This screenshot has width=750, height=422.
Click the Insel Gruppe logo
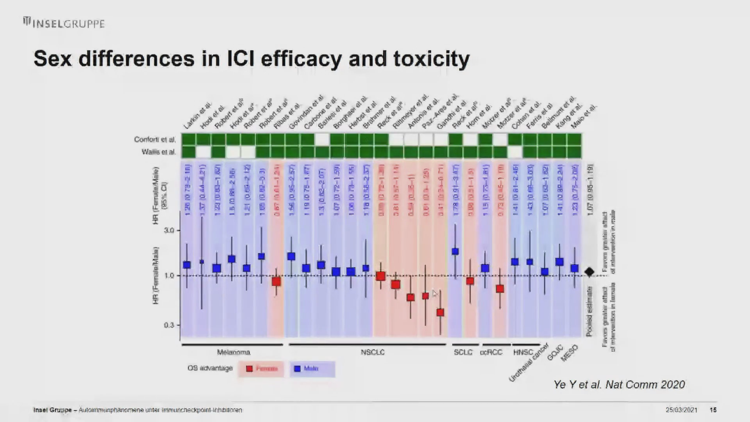[64, 23]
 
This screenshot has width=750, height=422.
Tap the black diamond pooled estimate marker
[589, 272]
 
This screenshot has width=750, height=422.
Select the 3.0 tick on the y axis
[169, 231]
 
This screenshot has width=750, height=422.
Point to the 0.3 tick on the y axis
[169, 325]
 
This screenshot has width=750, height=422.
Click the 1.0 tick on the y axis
[169, 275]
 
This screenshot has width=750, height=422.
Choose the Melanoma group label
[234, 352]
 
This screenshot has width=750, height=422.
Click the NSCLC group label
[373, 352]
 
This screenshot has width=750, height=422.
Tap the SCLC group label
[463, 352]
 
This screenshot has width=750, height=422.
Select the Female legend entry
[262, 368]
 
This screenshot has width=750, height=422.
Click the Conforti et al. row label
[155, 139]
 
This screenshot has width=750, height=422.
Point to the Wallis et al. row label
[159, 152]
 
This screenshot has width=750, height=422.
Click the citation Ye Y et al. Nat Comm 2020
[619, 384]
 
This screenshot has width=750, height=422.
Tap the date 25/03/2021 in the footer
[681, 410]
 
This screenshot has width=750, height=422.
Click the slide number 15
[713, 410]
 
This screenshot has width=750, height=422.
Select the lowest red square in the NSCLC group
[440, 312]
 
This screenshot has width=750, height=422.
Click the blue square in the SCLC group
[455, 251]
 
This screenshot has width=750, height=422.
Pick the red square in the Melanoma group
[276, 281]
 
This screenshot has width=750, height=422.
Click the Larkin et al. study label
[197, 116]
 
